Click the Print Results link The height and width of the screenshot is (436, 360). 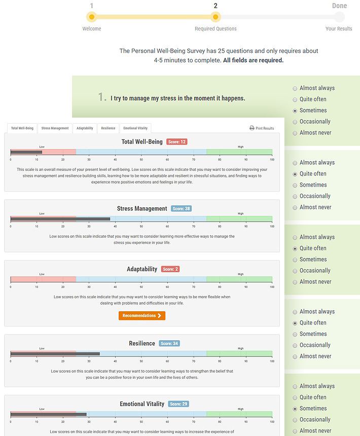coord(262,128)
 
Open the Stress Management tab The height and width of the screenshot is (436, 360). coord(55,128)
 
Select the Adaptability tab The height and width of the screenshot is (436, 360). coord(85,128)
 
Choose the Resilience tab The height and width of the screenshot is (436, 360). coord(108,128)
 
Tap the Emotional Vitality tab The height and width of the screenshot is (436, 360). coord(135,128)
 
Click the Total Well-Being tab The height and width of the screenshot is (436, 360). coord(22,128)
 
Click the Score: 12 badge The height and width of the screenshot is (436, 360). coord(176,142)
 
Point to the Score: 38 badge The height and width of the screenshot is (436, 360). coord(181,208)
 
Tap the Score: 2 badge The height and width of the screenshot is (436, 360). coord(170,269)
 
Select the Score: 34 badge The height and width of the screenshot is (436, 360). coord(169,343)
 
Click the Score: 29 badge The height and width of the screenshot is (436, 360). coord(178,404)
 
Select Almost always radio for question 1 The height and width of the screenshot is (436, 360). coord(295,88)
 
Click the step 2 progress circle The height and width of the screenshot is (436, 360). coord(215,17)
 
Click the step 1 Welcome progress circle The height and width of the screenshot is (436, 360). coord(91,17)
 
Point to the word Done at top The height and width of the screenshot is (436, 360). coord(339,6)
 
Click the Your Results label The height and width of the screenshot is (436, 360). coord(339,29)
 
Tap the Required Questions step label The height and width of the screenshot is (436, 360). coord(215,29)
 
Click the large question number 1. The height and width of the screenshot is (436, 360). coord(102,97)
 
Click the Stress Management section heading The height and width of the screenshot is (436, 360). coord(142,208)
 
